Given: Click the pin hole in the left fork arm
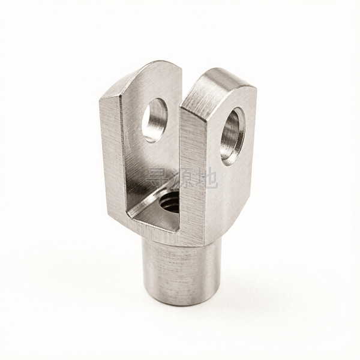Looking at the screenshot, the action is tap(155, 119).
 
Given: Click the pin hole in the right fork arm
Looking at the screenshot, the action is tap(233, 137).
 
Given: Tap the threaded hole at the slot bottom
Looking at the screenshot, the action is tap(169, 200).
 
